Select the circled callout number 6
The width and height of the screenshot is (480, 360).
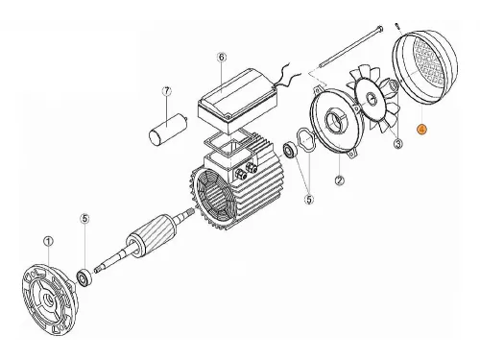click(221, 58)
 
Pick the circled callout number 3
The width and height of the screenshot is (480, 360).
click(397, 144)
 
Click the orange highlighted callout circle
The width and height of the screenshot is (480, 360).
click(421, 129)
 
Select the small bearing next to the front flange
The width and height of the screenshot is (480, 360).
click(84, 278)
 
